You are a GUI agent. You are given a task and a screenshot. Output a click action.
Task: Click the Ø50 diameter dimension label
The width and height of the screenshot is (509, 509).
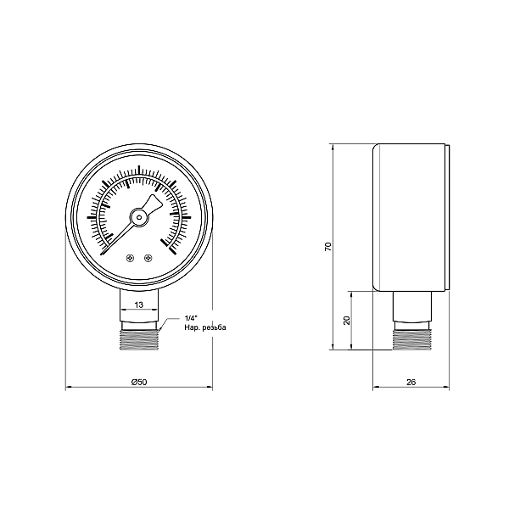140,383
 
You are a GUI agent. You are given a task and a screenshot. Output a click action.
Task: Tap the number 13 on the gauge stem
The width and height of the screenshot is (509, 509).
139,304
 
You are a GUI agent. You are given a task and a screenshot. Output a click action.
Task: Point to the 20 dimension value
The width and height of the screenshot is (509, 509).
345,320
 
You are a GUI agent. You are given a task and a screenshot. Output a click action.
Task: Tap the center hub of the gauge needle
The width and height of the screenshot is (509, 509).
139,217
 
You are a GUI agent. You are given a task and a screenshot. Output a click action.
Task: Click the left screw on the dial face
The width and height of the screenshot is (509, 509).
130,259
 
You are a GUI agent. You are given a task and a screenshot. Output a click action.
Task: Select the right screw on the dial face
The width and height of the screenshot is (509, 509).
148,259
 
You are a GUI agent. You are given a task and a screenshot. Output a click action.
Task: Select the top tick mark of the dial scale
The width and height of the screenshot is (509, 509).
139,170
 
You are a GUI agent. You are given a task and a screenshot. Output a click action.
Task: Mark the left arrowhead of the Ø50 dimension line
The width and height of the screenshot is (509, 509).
69,389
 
